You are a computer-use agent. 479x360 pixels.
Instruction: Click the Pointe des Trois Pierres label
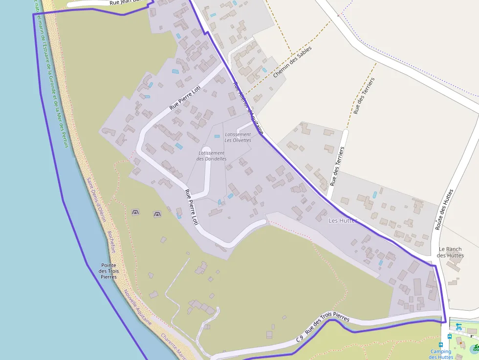(x=109, y=271)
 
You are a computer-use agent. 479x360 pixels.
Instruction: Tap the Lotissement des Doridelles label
(x=211, y=156)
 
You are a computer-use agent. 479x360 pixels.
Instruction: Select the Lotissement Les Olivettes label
(x=238, y=137)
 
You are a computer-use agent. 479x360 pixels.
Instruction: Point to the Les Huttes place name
(x=343, y=221)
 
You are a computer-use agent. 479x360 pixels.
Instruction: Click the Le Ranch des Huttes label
(x=450, y=252)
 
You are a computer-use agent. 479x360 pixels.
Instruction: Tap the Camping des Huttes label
(x=441, y=354)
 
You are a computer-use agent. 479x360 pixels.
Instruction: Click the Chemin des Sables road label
(x=292, y=62)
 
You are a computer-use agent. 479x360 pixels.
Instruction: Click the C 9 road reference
(x=300, y=338)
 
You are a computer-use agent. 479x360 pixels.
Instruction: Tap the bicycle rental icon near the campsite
(x=458, y=327)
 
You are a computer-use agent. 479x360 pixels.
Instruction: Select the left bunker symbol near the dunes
(x=135, y=212)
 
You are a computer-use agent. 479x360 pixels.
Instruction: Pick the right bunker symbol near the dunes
(x=157, y=214)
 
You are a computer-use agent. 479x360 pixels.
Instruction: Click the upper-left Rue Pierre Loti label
(x=185, y=97)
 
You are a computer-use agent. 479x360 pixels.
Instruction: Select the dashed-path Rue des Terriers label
(x=363, y=96)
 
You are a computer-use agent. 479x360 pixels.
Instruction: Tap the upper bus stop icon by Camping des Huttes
(x=450, y=336)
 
